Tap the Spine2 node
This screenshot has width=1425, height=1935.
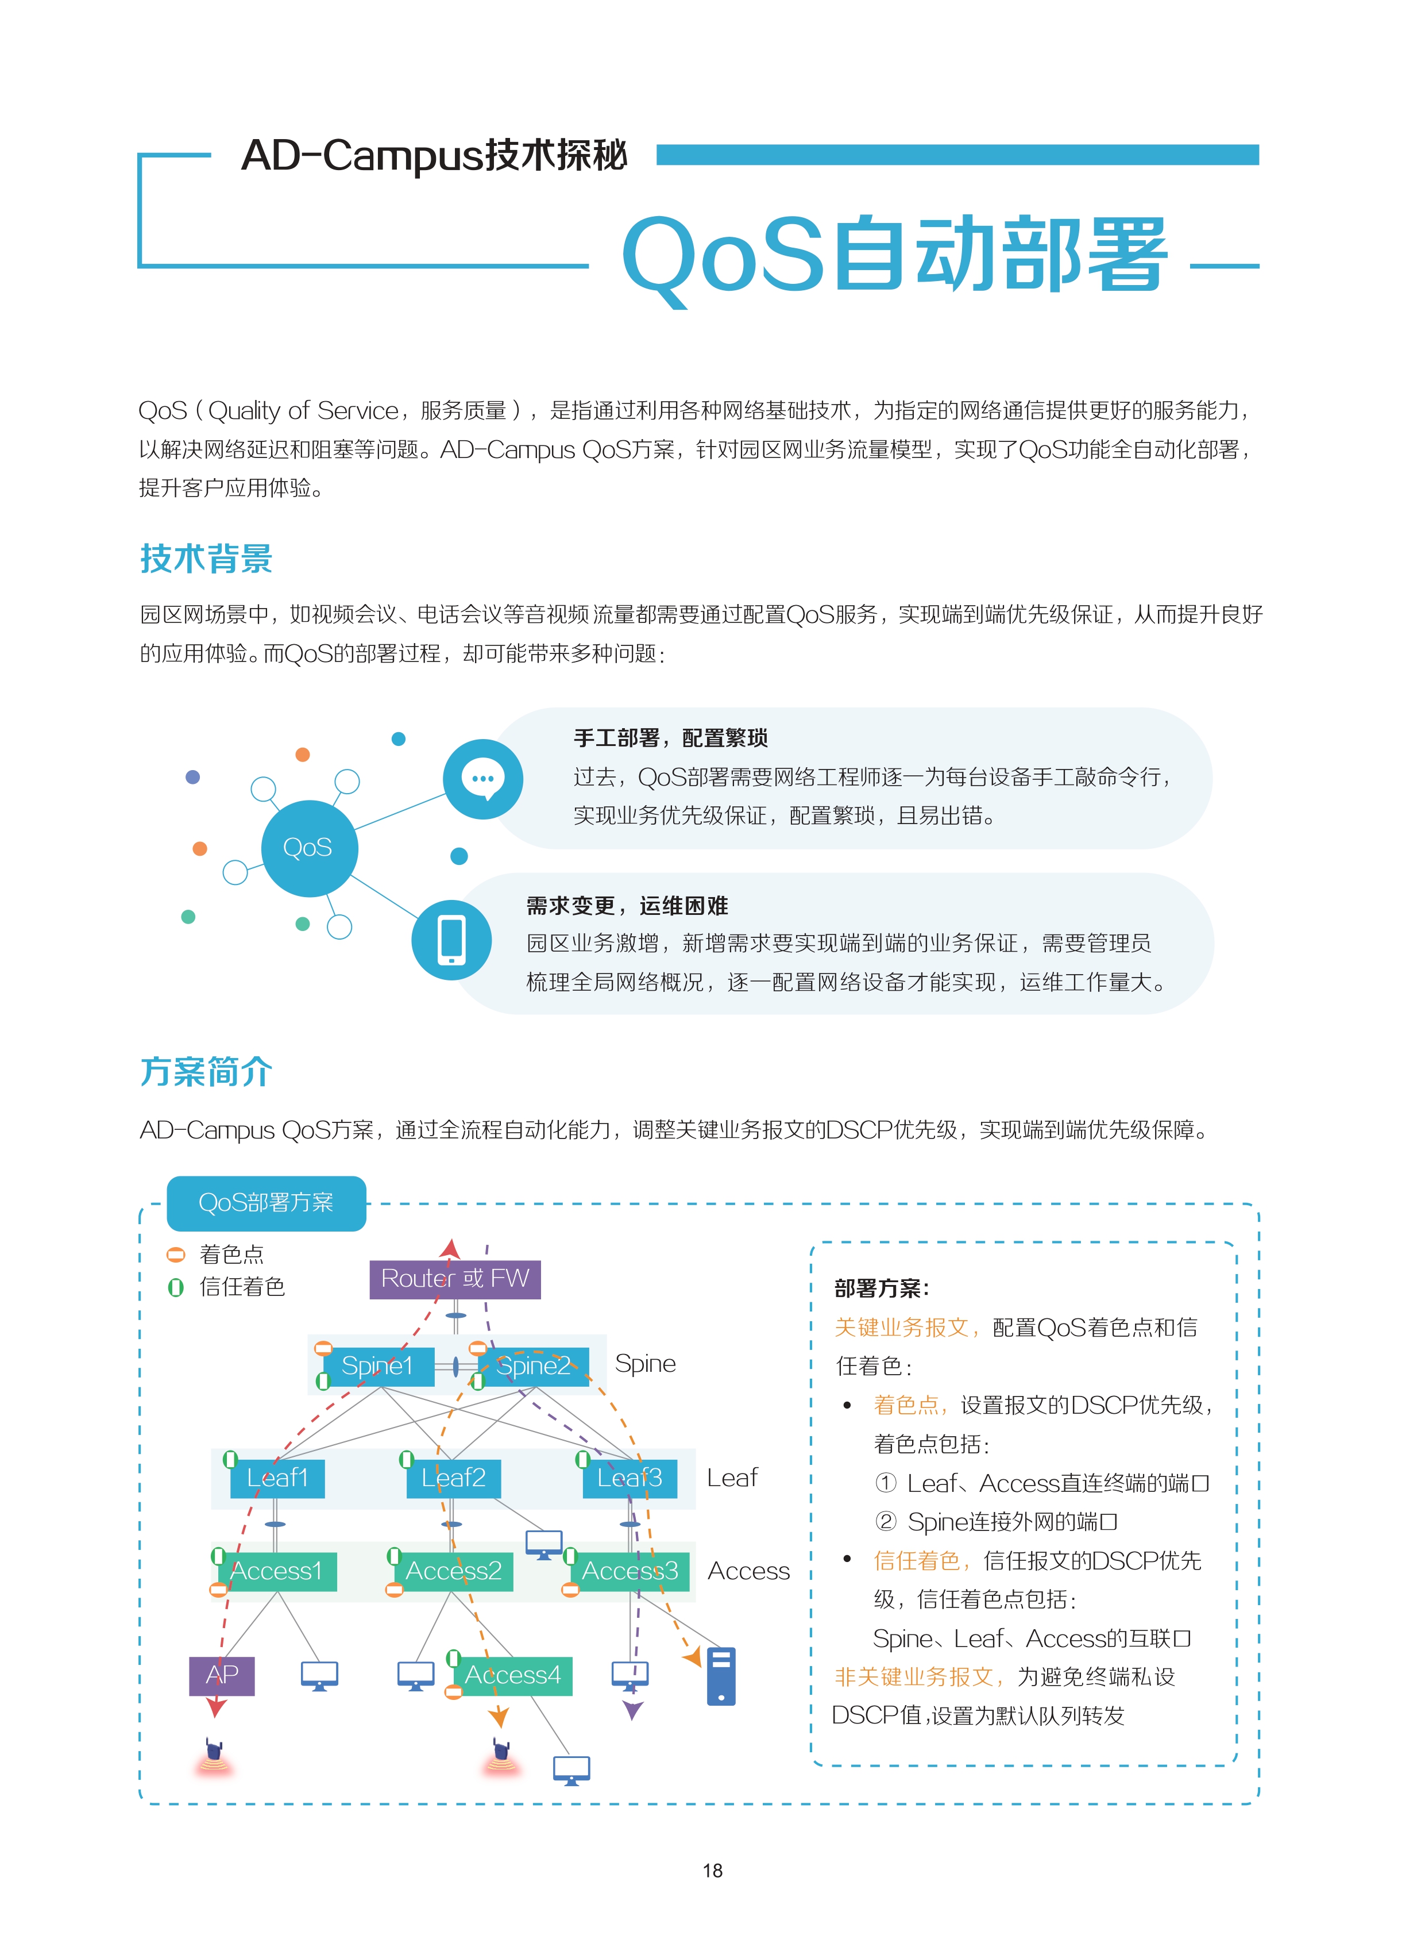533,1366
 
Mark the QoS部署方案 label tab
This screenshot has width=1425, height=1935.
267,1203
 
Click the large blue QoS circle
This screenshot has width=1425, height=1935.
309,848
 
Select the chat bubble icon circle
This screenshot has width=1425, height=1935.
483,779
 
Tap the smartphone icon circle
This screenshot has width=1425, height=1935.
451,939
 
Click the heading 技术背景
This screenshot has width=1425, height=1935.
206,559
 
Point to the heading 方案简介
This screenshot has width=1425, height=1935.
206,1071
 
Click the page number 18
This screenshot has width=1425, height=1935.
712,1870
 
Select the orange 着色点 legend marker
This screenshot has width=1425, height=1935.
176,1254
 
